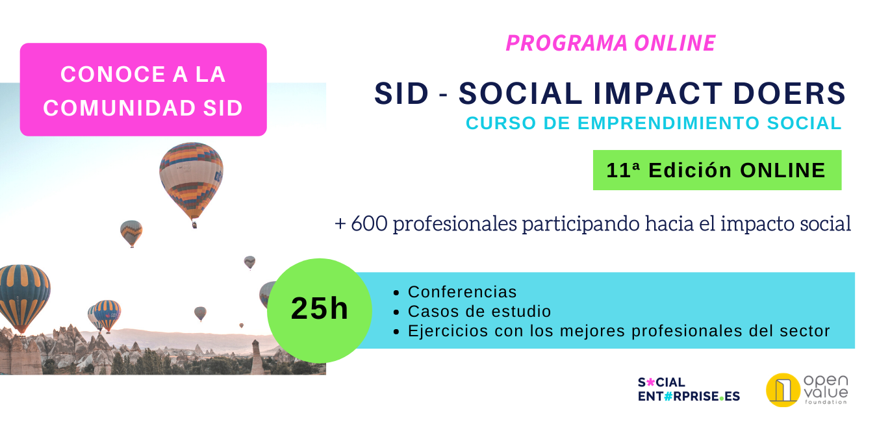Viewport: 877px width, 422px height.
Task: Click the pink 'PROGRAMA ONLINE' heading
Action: point(611,43)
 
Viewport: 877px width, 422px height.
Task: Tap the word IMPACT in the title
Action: point(657,93)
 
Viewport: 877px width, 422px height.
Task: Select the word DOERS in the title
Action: point(789,93)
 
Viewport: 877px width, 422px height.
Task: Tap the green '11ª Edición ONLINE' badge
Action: point(717,170)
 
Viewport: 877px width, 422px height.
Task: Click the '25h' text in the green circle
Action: point(320,308)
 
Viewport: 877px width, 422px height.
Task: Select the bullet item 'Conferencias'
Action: point(463,292)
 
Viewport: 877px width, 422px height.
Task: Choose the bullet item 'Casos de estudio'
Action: point(479,312)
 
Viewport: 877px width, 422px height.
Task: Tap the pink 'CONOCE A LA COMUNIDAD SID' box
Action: point(144,90)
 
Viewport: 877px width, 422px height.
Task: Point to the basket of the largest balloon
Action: point(194,225)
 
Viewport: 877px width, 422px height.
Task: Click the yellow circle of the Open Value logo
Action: point(783,390)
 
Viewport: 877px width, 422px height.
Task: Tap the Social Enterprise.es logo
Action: point(689,389)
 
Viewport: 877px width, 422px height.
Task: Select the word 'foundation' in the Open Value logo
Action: point(826,402)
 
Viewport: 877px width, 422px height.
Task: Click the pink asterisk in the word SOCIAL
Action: point(650,382)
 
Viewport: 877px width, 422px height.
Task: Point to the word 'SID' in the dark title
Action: point(401,93)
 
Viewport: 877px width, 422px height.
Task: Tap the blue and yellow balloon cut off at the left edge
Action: point(24,298)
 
